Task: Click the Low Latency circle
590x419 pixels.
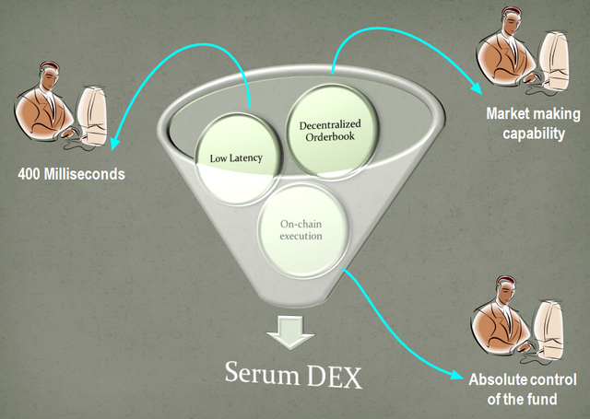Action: click(235, 157)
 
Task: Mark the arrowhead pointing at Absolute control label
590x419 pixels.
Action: click(458, 373)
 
